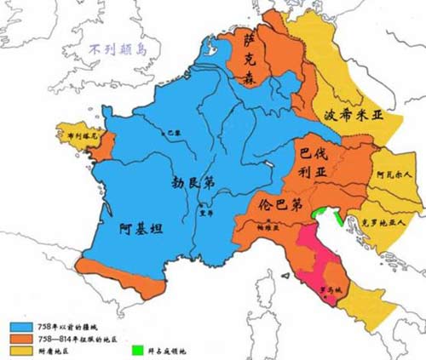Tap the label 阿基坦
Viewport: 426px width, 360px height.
tap(140, 228)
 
